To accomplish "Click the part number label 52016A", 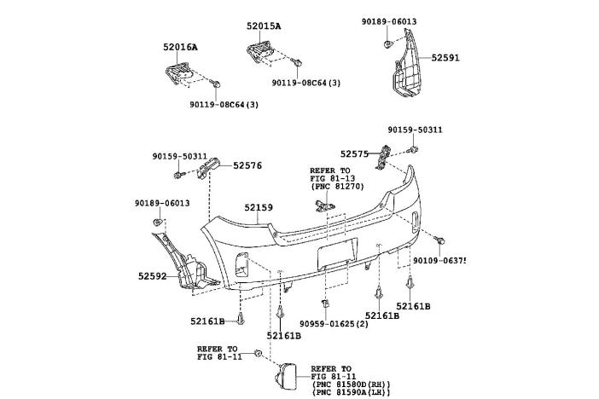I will click(x=181, y=47).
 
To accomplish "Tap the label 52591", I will click(x=445, y=57).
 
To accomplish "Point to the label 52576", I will click(x=247, y=166).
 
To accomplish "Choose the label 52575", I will click(x=353, y=154).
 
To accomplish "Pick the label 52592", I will click(x=153, y=276).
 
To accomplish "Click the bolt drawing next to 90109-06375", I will click(x=436, y=240).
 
